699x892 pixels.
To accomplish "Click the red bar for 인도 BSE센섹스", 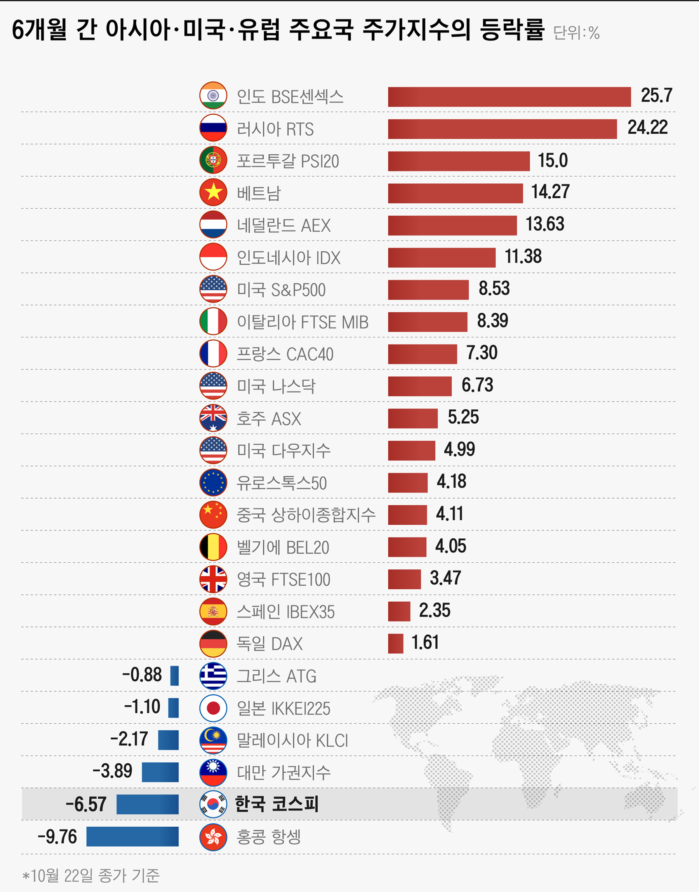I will pyautogui.click(x=509, y=97).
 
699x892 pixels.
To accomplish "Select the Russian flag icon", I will pyautogui.click(x=213, y=128).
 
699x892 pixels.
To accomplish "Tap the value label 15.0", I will pyautogui.click(x=553, y=160).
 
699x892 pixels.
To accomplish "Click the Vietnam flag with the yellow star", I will pyautogui.click(x=213, y=192).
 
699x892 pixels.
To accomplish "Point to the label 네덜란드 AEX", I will pyautogui.click(x=283, y=225).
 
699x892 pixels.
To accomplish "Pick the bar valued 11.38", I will pyautogui.click(x=442, y=258).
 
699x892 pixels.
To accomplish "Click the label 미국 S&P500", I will pyautogui.click(x=281, y=290).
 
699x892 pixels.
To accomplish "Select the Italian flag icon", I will pyautogui.click(x=213, y=321).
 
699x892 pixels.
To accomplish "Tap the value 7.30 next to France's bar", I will pyautogui.click(x=482, y=353).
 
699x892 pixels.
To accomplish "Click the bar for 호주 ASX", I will pyautogui.click(x=412, y=418).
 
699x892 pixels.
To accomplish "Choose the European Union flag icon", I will pyautogui.click(x=213, y=482).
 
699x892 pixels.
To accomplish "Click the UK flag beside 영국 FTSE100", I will pyautogui.click(x=213, y=579).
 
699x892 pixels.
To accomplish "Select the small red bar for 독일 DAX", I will pyautogui.click(x=395, y=643).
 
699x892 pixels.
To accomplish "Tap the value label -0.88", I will pyautogui.click(x=142, y=674).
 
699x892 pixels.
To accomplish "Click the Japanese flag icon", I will pyautogui.click(x=213, y=708).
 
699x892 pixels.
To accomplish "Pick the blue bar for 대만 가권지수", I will pyautogui.click(x=160, y=772).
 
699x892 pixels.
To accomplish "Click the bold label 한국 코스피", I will pyautogui.click(x=276, y=804).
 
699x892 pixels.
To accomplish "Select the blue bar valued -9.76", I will pyautogui.click(x=132, y=836).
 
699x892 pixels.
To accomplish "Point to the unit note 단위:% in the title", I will pyautogui.click(x=576, y=33).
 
